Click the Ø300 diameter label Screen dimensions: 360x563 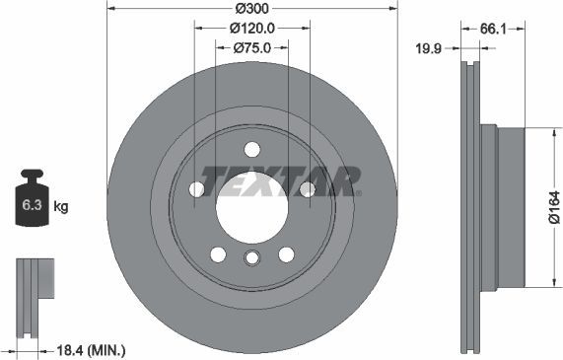tap(251, 9)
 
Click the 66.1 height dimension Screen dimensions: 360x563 tap(494, 30)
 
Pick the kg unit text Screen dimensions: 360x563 tap(61, 207)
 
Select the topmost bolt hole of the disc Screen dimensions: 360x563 tap(251, 150)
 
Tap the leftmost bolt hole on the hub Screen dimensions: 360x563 tap(196, 188)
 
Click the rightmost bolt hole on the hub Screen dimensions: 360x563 tap(307, 188)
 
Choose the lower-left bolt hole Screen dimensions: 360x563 tap(218, 253)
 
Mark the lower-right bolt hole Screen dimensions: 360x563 tap(286, 253)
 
